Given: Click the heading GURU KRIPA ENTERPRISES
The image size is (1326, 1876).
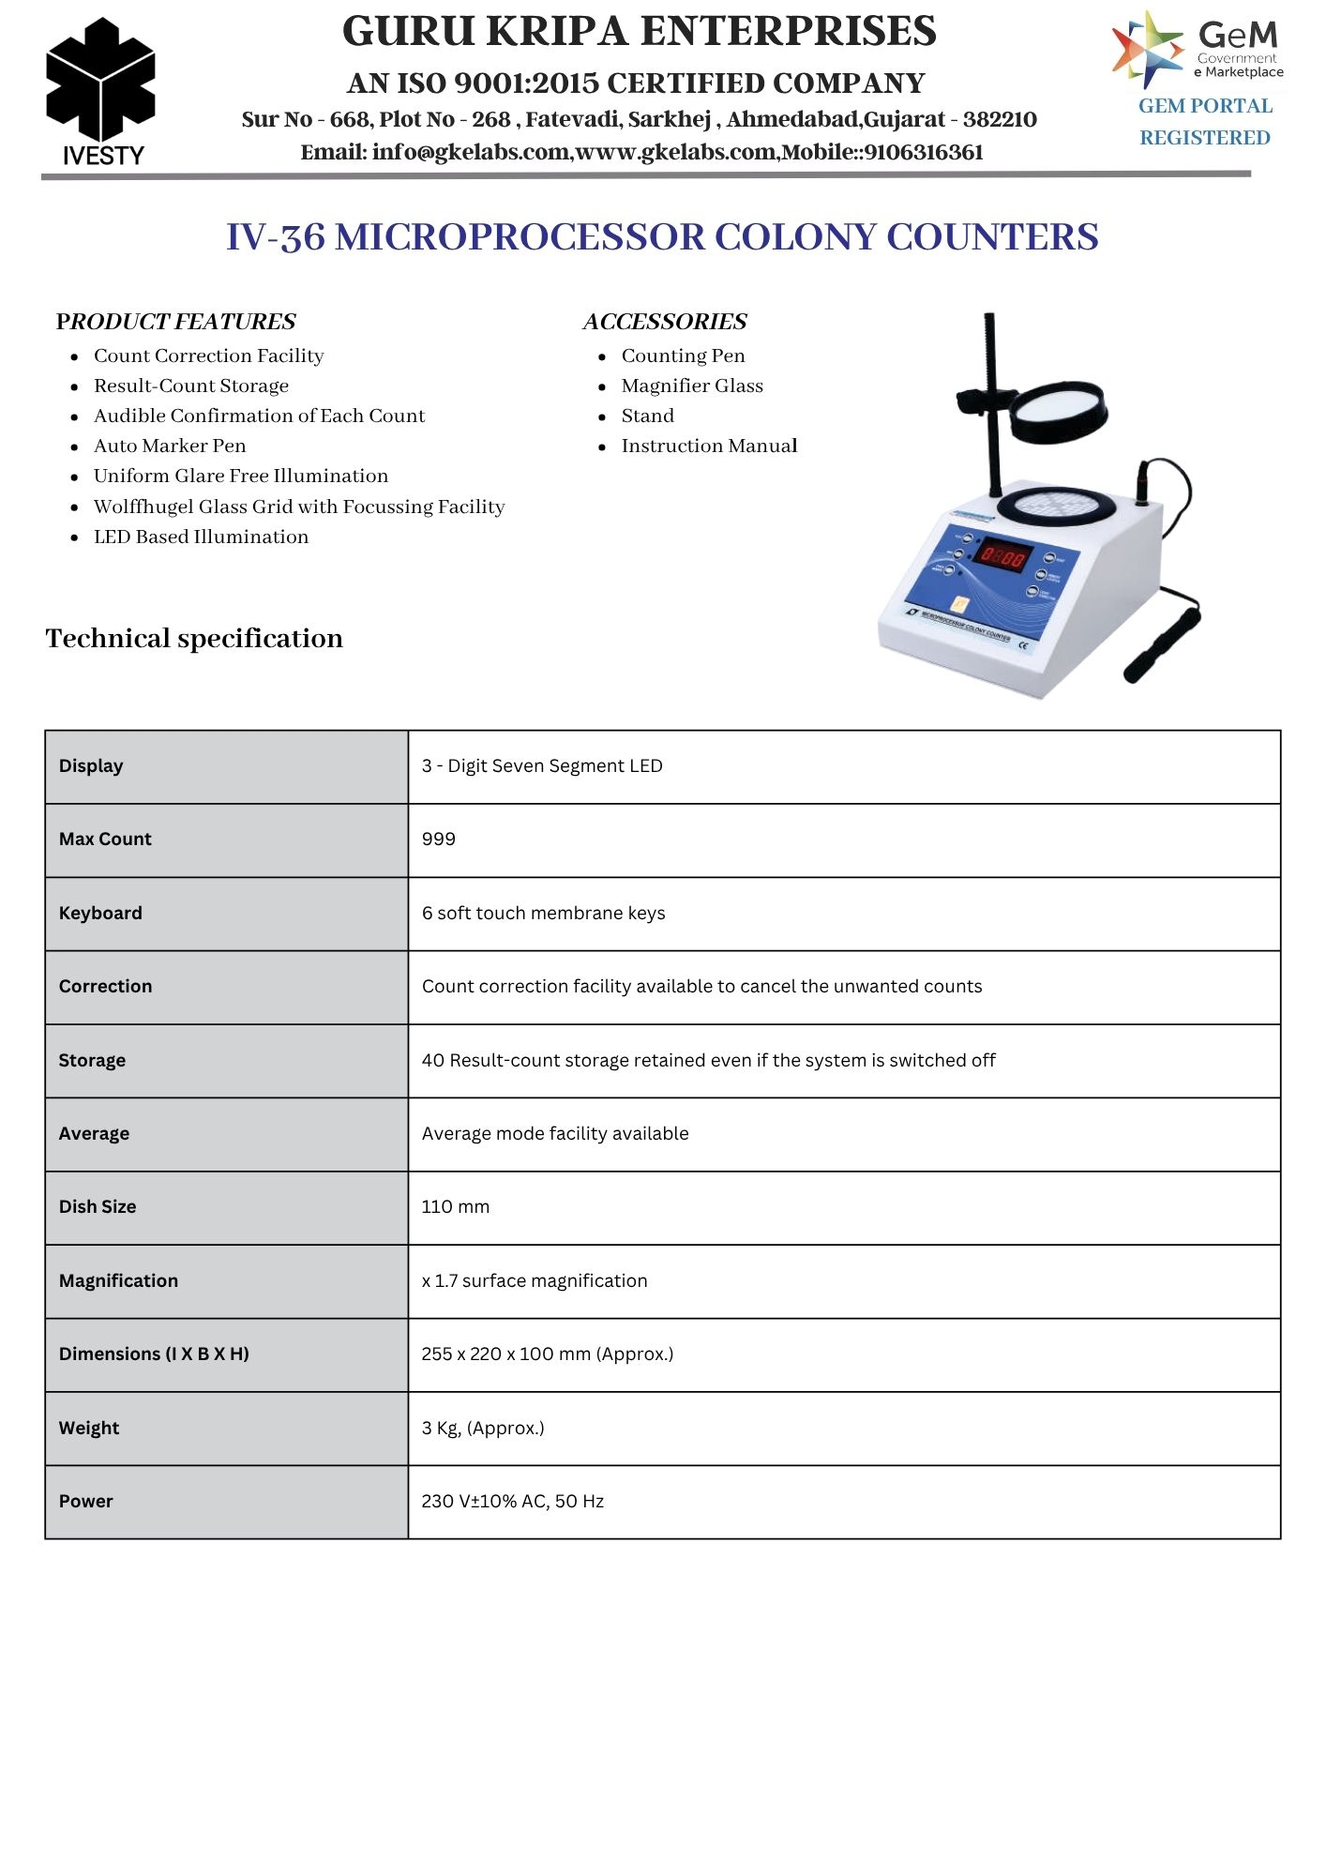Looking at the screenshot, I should pos(639,32).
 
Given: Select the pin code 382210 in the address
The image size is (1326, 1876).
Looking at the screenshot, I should pos(1000,120).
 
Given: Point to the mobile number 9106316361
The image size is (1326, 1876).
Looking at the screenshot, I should pos(924,153).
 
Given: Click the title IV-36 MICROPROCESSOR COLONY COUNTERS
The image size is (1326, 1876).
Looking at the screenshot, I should pos(662,237).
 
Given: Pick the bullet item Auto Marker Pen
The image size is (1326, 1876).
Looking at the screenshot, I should pos(170,446).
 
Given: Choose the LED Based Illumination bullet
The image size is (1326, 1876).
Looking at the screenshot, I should pos(201,537).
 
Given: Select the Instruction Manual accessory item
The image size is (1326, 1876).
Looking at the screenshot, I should pos(709,446).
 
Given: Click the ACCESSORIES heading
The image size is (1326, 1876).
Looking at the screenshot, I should pos(665,322).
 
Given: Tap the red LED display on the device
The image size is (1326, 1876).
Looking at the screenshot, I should pos(1002,558).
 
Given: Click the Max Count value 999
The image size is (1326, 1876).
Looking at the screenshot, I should pos(439,840).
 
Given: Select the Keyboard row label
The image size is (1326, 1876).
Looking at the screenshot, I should pos(100,913).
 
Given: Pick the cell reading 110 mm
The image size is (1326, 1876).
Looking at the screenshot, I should pos(456,1207).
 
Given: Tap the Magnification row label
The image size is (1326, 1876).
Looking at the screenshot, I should pos(118,1280).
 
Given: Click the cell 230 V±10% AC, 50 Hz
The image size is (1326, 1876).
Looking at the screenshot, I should pos(513,1502).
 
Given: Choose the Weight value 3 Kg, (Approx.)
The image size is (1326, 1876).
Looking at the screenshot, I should pos(483,1429).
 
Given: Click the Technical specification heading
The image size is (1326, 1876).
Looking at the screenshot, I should pos(194,639).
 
